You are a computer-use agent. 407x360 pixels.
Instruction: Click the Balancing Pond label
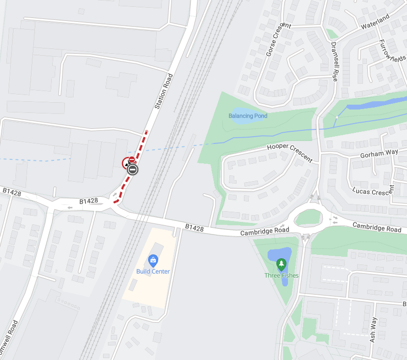[x=248, y=116]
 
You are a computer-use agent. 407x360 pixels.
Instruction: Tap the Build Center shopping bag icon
[x=153, y=261]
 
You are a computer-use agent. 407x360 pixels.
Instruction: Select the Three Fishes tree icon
[x=281, y=265]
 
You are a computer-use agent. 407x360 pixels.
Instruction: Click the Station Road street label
[x=163, y=91]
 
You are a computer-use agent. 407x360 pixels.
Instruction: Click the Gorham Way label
[x=379, y=154]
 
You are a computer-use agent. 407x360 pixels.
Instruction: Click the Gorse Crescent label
[x=274, y=39]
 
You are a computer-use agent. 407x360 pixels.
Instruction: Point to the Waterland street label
[x=376, y=22]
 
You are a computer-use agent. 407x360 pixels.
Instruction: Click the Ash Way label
[x=373, y=330]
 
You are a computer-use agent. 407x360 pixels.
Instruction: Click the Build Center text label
[x=153, y=271]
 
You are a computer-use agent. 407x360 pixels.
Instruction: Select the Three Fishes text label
[x=281, y=276]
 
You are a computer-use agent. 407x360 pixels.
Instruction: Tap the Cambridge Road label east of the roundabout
[x=377, y=227]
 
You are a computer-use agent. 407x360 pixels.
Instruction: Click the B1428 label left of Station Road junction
[x=89, y=201]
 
